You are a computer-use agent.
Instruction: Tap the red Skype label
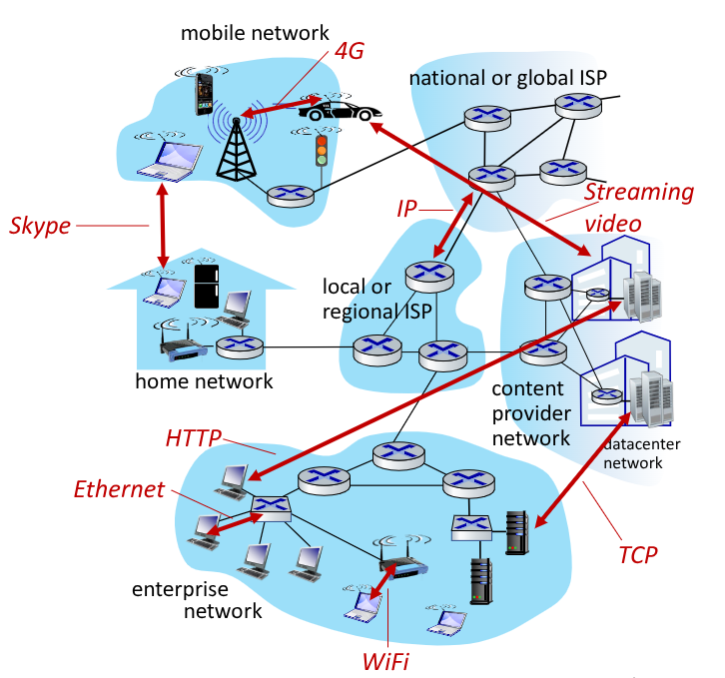click(x=40, y=226)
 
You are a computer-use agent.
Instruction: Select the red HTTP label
click(x=193, y=438)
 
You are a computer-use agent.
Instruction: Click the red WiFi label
click(x=384, y=660)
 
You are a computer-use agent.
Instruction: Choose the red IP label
click(x=406, y=208)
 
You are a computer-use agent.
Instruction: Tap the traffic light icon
click(x=322, y=150)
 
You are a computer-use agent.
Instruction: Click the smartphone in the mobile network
click(x=205, y=93)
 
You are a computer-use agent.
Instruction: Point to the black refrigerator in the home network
click(x=207, y=286)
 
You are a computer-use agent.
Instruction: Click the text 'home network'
click(x=204, y=380)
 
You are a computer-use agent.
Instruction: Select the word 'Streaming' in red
click(x=640, y=192)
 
